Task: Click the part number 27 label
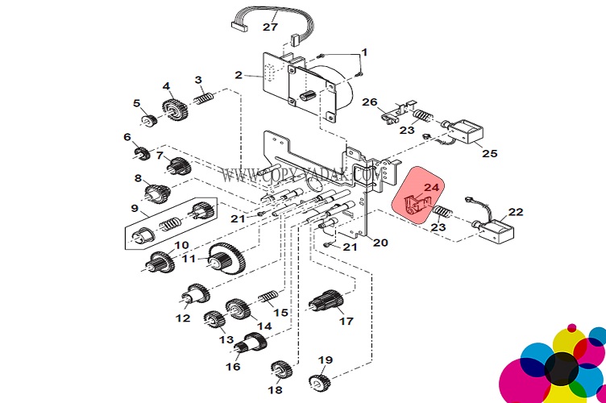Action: (270, 27)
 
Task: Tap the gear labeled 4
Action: (171, 109)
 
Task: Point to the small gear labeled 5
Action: (147, 120)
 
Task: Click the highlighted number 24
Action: (432, 188)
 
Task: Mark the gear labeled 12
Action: (194, 295)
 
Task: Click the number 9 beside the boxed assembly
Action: (135, 208)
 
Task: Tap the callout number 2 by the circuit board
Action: (239, 75)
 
